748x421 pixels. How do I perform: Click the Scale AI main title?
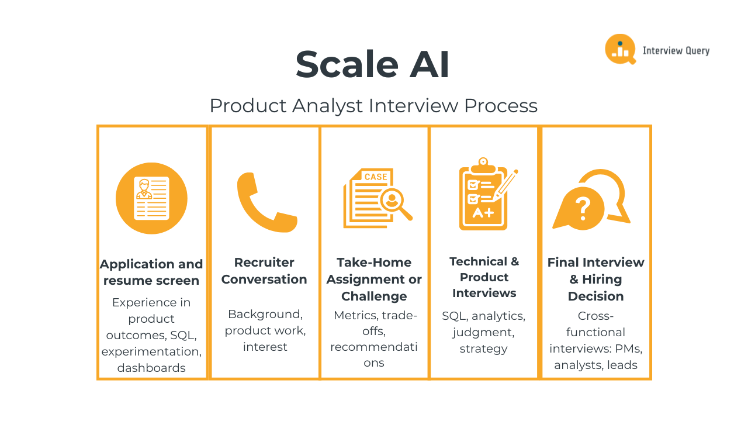tap(373, 64)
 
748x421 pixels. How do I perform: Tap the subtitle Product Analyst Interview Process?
tap(373, 106)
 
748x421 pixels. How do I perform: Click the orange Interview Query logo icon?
tap(620, 49)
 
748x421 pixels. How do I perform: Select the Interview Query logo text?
tap(676, 51)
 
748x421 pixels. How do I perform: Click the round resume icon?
tap(151, 198)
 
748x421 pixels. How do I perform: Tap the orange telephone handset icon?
tap(266, 202)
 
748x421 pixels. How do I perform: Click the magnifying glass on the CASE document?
tap(395, 202)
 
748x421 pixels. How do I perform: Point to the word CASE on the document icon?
tap(375, 177)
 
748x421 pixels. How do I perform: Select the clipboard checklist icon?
tap(484, 195)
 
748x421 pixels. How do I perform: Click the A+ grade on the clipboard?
tap(483, 213)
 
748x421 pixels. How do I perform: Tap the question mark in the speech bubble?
tap(583, 208)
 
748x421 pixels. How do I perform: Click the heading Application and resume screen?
tap(151, 272)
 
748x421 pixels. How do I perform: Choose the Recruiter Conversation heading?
tap(264, 271)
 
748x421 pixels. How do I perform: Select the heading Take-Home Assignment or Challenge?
tap(374, 279)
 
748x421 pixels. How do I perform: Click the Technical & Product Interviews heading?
tap(484, 277)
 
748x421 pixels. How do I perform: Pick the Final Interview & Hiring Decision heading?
tap(595, 279)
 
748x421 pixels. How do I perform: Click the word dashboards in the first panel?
tap(151, 368)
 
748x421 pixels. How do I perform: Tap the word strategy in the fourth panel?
tap(483, 349)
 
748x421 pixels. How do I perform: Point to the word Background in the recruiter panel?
tap(265, 314)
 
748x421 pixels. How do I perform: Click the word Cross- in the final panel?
tap(595, 316)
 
